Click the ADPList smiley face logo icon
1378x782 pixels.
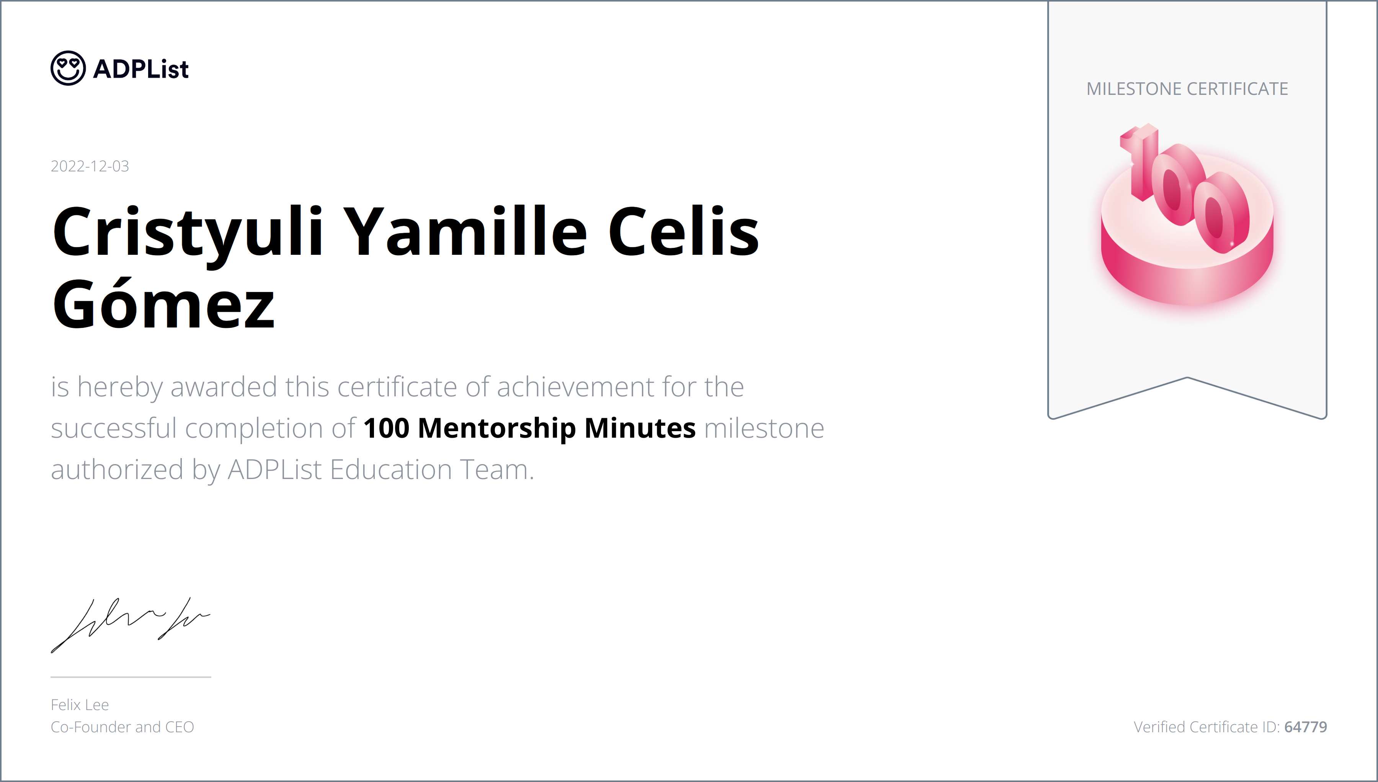tap(68, 68)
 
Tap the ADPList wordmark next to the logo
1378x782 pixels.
tap(141, 69)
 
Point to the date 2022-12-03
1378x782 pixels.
tap(90, 166)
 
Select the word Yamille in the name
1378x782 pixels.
tap(465, 232)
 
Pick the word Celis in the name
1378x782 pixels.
tap(683, 232)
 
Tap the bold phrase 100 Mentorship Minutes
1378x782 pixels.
tap(529, 428)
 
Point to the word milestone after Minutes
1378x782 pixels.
tap(764, 428)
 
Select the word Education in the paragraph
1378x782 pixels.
tap(390, 469)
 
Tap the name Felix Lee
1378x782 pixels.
tap(80, 705)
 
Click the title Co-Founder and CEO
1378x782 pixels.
tap(122, 727)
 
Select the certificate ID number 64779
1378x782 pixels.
tap(1306, 727)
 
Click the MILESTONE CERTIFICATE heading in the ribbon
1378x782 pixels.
tap(1187, 89)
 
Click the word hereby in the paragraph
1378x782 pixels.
tap(120, 387)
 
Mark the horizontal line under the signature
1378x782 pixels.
tap(131, 677)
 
